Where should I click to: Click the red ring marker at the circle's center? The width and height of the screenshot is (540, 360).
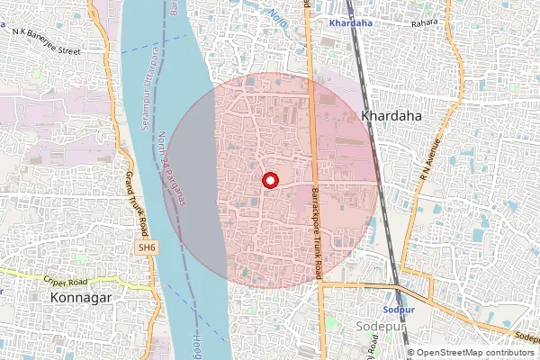point(269,180)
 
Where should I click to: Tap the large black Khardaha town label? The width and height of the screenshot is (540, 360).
point(391,116)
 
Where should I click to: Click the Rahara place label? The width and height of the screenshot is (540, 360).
point(423,22)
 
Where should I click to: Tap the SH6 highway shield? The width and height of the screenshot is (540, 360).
point(146,247)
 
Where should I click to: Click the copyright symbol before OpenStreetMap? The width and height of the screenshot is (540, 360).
point(410,353)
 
